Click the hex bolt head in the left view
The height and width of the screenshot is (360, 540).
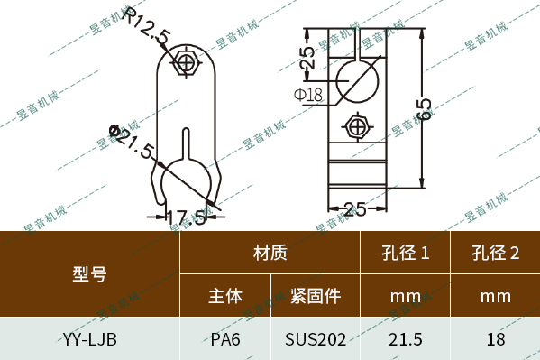pos(188,63)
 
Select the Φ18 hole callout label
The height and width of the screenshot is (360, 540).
pos(307,93)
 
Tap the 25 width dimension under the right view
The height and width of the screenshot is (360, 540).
pos(355,210)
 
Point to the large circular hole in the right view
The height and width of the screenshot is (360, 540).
pos(358,82)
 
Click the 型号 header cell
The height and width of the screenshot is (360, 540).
pos(89,274)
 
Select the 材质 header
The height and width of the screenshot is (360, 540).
pos(270,254)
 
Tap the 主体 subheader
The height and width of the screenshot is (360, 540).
pos(225,296)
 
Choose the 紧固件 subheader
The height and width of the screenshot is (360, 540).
pos(315,296)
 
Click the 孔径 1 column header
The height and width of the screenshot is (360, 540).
pos(405,254)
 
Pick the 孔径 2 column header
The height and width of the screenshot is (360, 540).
pos(495,254)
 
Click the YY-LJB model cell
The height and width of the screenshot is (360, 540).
pos(89,339)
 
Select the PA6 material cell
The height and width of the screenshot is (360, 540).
pos(225,339)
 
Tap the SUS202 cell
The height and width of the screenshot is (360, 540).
pos(315,339)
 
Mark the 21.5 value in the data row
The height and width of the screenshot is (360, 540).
pos(405,339)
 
